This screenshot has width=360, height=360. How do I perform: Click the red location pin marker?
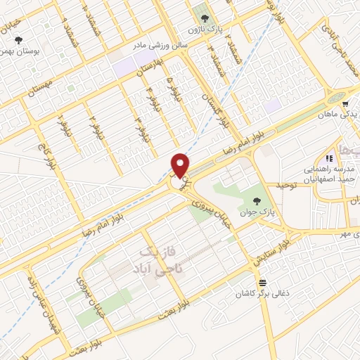[x=181, y=165]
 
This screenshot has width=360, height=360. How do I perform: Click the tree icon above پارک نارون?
[x=204, y=18]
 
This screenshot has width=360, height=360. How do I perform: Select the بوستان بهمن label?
[x=18, y=52]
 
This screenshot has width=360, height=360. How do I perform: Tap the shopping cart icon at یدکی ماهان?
[x=345, y=103]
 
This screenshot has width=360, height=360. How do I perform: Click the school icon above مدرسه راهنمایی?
[x=329, y=158]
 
